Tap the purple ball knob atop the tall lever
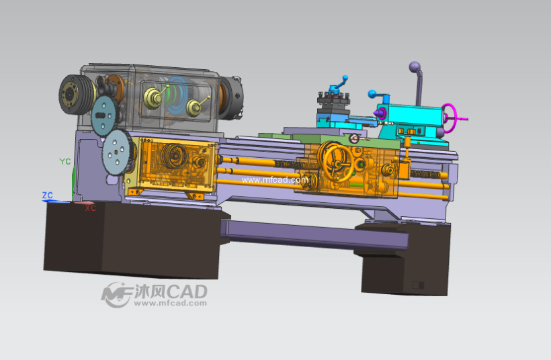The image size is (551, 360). click(415, 66)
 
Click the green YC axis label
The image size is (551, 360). click(65, 161)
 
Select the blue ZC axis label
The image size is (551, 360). click(48, 195)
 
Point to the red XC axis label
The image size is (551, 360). click(90, 208)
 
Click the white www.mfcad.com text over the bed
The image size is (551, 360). click(275, 180)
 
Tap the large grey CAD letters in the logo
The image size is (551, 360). click(187, 291)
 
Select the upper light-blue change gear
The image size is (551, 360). click(104, 116)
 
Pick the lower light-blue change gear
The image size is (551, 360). click(117, 152)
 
